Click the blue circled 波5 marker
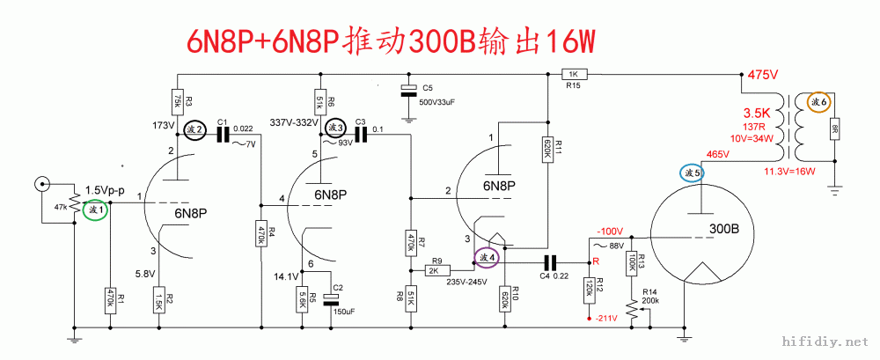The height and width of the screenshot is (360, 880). point(692,173)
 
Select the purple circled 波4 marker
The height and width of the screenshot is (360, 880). point(488,258)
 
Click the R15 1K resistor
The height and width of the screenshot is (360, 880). point(573,75)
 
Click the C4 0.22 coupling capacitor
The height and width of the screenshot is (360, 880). point(550,261)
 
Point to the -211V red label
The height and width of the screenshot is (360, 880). point(605,317)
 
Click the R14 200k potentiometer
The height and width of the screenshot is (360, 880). point(632,307)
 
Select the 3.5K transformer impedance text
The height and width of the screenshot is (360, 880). point(757,114)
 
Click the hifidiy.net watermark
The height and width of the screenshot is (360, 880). point(824,339)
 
